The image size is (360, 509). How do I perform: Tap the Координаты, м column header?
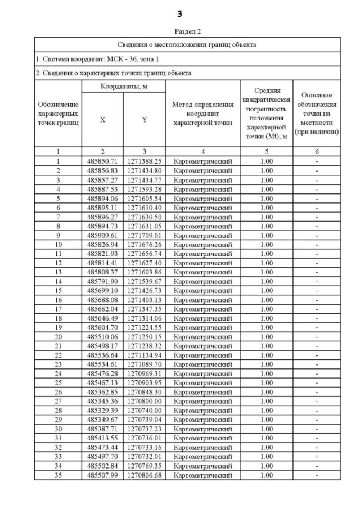point(123,87)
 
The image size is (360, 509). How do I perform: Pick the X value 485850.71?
point(102,161)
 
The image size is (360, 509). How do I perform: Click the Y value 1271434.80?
point(144,170)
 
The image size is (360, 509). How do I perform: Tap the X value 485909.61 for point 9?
point(102,235)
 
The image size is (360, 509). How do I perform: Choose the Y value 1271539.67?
point(144,281)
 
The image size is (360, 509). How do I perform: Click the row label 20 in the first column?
point(58,337)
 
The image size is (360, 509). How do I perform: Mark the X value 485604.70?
point(102,327)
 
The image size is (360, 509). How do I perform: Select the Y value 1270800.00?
point(144,402)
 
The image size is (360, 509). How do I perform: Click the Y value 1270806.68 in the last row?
point(144,475)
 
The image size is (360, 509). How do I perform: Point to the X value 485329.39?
point(102,411)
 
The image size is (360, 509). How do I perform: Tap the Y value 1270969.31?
point(144,373)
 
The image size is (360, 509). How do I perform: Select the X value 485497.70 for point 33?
point(102,457)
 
